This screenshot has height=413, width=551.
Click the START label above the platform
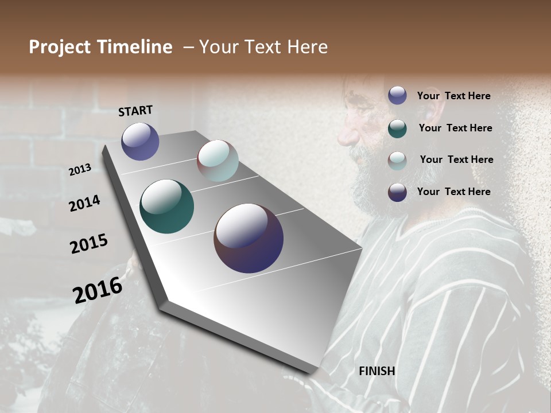135,111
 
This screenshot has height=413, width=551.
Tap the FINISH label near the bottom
377,371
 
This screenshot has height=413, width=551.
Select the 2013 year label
80,169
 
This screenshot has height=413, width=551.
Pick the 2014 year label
85,203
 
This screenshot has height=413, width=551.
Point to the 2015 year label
89,244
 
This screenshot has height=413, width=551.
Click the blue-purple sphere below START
140,141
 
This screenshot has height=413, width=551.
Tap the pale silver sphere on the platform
218,161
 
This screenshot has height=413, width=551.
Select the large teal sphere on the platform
166,206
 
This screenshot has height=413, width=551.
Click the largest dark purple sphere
249,238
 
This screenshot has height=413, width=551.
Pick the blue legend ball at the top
397,96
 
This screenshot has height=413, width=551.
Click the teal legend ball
397,128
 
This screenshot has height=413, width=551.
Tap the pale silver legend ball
397,160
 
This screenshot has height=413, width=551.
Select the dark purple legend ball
397,192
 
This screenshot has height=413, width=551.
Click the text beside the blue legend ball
453,96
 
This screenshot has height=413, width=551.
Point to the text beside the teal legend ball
455,128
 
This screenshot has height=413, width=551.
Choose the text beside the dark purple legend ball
453,192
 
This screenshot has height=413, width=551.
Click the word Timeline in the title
137,47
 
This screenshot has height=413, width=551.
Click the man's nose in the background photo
346,137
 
